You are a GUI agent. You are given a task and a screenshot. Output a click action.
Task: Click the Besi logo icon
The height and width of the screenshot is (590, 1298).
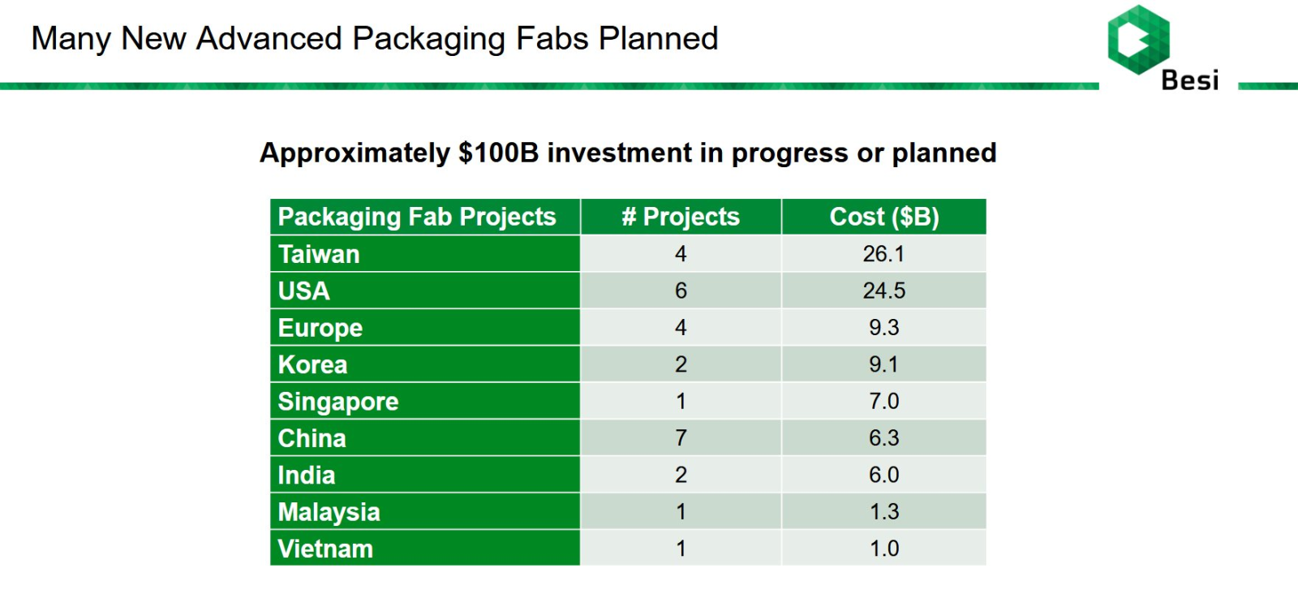1138,39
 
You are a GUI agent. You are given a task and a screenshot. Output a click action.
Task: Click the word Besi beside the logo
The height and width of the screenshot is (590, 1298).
1189,80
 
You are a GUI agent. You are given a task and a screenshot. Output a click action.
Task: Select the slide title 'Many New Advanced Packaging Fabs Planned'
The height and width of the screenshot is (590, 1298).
375,39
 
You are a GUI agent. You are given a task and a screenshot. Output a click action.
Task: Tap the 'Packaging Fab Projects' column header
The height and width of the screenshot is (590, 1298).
417,217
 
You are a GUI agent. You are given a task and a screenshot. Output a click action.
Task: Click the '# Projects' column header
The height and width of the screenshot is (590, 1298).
681,217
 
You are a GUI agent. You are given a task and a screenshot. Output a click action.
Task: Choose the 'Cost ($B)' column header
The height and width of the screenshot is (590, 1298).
883,217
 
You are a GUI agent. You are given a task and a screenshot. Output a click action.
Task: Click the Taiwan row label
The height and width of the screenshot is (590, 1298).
319,254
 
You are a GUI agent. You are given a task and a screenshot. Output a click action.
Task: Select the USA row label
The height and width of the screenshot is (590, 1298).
304,291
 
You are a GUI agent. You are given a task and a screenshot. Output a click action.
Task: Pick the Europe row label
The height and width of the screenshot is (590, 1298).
320,328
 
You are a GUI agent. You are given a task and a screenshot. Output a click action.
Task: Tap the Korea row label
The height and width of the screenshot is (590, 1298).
312,364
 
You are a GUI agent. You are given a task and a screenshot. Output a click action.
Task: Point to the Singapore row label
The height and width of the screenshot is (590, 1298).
338,402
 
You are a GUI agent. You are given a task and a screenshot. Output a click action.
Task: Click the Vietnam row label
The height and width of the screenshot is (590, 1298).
325,549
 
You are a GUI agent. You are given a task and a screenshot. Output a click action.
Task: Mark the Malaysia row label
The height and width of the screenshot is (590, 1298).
329,512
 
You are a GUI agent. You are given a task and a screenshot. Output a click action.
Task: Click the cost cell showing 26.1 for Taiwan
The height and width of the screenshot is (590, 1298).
883,254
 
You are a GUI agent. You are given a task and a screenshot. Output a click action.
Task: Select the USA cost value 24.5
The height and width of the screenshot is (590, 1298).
883,291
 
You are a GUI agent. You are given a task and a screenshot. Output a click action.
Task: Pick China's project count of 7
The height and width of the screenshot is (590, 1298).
681,438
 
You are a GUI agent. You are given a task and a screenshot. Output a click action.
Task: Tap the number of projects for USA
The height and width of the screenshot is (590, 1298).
681,291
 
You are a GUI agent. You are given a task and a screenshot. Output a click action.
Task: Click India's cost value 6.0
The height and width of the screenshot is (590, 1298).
883,475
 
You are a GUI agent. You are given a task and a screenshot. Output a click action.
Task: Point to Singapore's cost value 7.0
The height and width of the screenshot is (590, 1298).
883,402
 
